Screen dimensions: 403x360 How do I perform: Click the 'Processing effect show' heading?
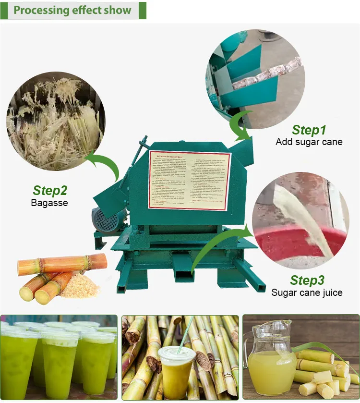pos(72,10)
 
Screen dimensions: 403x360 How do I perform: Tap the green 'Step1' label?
pos(309,130)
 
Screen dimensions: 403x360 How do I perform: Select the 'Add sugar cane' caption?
pos(309,142)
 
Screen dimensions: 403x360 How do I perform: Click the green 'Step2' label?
pos(50,191)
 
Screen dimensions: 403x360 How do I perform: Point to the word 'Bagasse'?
pos(49,203)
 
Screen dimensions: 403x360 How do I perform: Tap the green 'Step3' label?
pos(307,280)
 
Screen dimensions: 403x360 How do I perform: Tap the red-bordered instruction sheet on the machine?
pos(190,180)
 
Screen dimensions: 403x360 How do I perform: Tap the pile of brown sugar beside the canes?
pos(79,287)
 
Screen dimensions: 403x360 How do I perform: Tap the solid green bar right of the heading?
pos(142,10)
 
